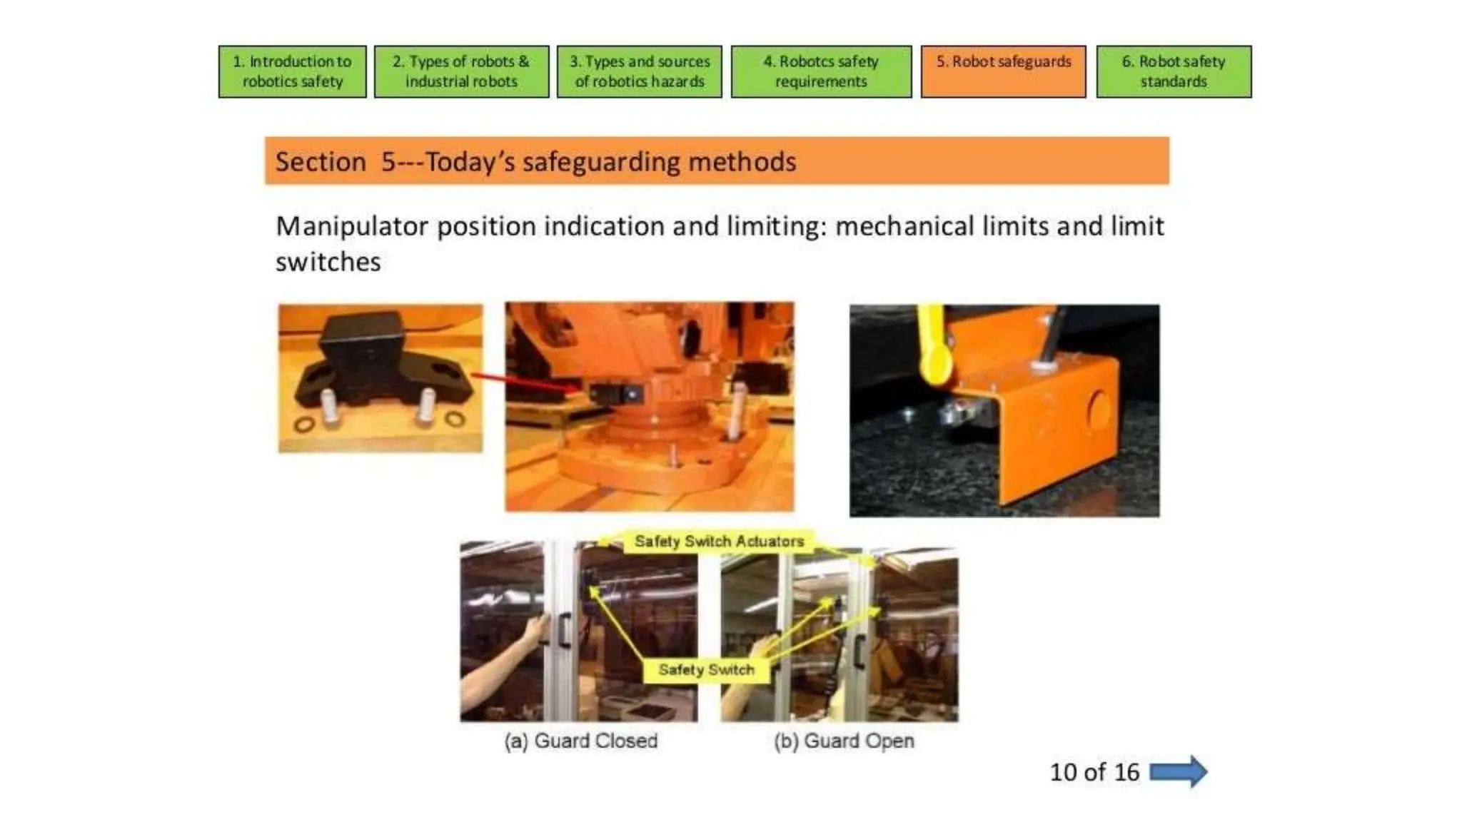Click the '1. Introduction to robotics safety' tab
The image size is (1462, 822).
(x=292, y=71)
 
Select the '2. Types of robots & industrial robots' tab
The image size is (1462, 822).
(x=461, y=71)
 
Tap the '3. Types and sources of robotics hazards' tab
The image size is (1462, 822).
(x=639, y=71)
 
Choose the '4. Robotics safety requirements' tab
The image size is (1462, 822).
(x=821, y=71)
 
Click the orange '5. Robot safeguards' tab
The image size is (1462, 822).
(x=1003, y=71)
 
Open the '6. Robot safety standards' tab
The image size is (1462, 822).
(x=1174, y=71)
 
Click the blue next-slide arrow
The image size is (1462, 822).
(x=1178, y=772)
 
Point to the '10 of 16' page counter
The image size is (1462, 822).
(x=1094, y=772)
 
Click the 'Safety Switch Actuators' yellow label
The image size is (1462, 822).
(x=719, y=542)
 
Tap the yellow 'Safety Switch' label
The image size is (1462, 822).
(x=706, y=670)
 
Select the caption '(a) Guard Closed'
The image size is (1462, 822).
(x=580, y=741)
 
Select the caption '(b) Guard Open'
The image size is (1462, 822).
(x=844, y=741)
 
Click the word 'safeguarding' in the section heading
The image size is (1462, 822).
(x=601, y=163)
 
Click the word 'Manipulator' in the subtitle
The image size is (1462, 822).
(x=352, y=227)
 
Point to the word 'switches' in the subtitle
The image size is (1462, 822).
(x=328, y=263)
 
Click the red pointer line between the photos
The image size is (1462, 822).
(x=525, y=382)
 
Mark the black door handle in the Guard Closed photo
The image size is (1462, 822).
(x=564, y=629)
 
